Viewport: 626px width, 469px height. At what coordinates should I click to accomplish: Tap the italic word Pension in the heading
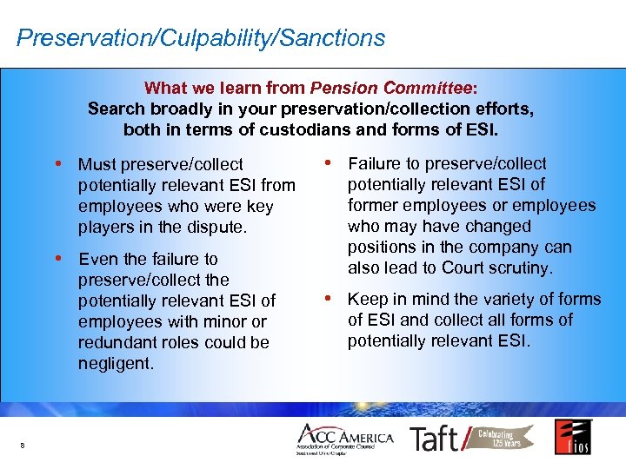coord(341,88)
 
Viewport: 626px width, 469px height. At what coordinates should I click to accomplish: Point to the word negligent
coord(115,363)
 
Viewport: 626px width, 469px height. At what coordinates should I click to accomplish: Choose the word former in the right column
coord(373,205)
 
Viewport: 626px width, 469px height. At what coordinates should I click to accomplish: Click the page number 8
coord(22,446)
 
